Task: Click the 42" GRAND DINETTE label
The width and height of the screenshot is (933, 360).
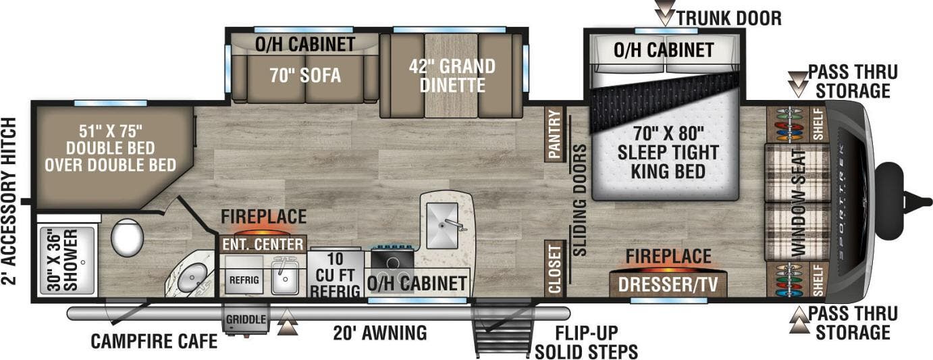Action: pos(452,76)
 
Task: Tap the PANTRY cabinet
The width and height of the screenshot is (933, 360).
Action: pos(554,134)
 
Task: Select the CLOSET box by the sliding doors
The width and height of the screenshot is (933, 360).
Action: pos(554,269)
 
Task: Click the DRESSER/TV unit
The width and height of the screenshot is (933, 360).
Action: pos(668,284)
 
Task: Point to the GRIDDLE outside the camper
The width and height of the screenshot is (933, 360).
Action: pos(246,319)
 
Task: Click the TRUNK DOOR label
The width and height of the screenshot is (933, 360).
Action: pos(728,18)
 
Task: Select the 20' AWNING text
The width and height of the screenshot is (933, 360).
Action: pos(380,333)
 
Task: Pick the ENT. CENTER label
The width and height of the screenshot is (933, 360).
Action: pos(262,243)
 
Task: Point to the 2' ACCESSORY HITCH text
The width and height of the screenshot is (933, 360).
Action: pos(9,201)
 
